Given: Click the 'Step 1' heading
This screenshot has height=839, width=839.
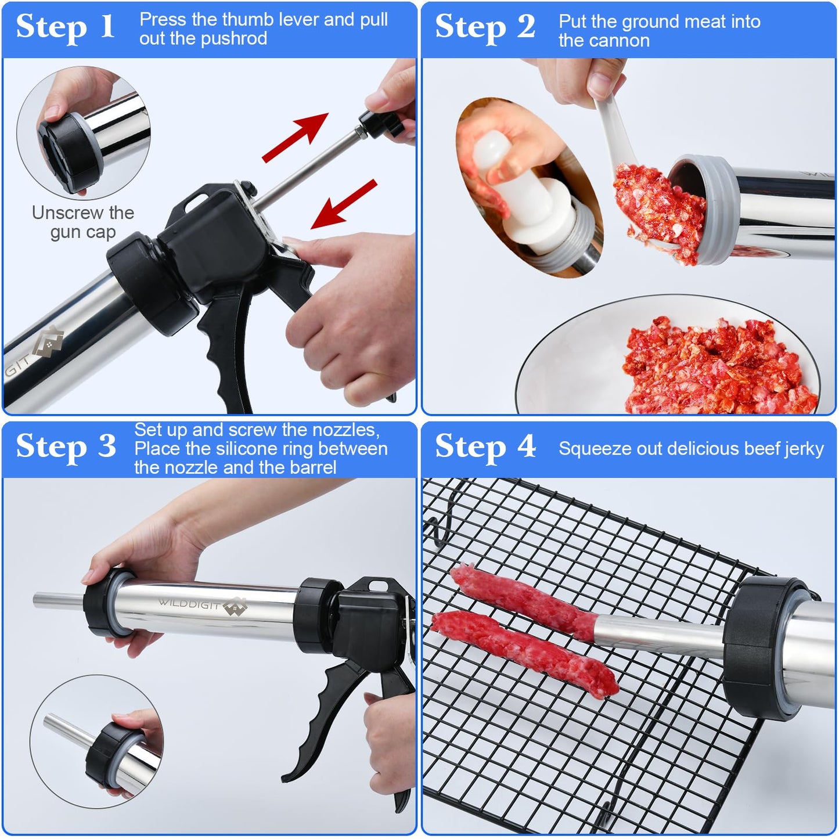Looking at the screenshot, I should [65, 27].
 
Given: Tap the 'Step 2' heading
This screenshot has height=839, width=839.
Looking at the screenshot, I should [485, 27].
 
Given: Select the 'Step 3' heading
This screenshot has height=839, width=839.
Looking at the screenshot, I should [66, 447].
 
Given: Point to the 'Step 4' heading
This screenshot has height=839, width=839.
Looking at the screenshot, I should [485, 447].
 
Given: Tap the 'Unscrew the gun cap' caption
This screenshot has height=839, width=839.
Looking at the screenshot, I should [82, 222].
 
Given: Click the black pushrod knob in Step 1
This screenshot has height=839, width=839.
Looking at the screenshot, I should [380, 122].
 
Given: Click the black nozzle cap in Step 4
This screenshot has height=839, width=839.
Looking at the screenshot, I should [755, 639].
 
